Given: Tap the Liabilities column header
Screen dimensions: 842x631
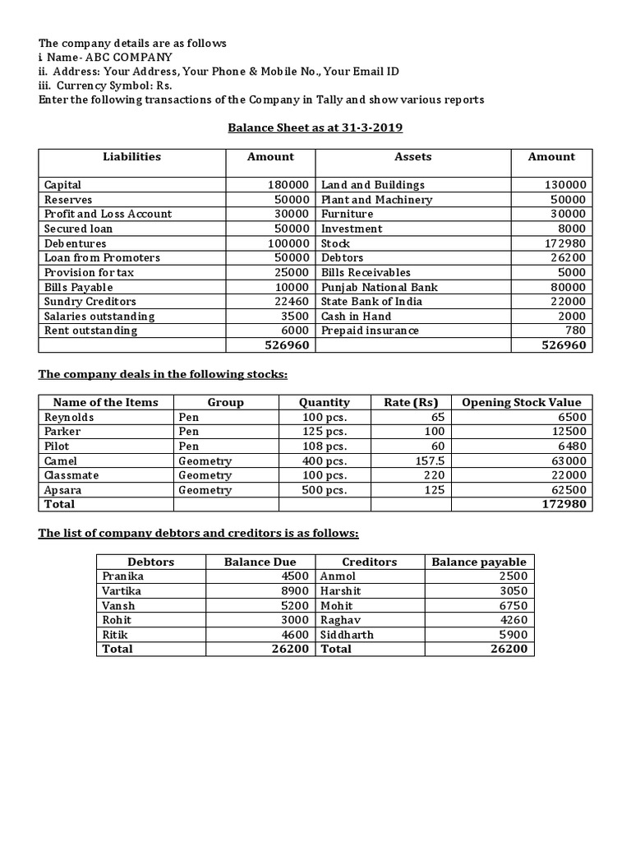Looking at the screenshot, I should pos(131,156).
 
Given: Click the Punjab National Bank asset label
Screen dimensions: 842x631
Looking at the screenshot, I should pos(379,287).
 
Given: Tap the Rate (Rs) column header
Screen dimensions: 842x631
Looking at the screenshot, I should pos(411,402).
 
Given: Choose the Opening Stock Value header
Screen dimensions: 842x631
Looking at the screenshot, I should pos(522,402).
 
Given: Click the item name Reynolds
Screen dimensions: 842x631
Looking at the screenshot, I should pos(69,417).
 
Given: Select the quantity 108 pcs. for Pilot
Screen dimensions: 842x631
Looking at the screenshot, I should pos(325,446).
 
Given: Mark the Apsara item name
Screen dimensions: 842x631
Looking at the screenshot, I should pos(62,490).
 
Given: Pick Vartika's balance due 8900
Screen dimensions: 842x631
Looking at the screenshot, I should pos(292,591).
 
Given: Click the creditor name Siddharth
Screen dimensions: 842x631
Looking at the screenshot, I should pos(347,635).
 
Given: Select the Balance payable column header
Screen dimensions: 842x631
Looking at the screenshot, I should pos(479,562).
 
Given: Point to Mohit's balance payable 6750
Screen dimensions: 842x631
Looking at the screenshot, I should pos(512,606).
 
